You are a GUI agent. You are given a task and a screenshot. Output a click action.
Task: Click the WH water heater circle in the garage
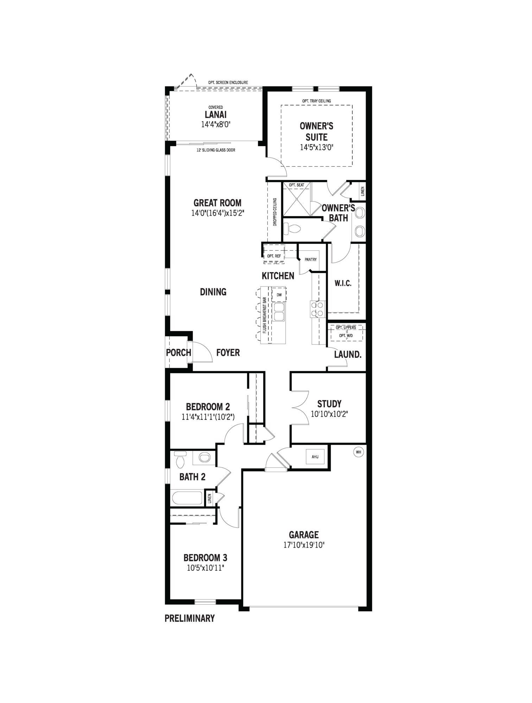point(359,452)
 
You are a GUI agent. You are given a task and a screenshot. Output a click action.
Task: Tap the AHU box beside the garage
point(315,456)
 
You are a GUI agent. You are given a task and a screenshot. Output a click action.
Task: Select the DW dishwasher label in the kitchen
point(279,295)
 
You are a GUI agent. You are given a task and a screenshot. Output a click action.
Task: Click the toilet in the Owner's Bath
point(292,230)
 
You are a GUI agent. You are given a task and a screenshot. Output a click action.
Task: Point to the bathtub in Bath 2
point(187,498)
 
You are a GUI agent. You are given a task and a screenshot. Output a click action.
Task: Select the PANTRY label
point(311,259)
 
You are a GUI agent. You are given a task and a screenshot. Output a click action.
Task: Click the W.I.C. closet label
point(343,283)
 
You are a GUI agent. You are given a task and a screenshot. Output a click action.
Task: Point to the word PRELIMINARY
point(190,618)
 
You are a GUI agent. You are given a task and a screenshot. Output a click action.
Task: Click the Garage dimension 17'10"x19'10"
point(304,545)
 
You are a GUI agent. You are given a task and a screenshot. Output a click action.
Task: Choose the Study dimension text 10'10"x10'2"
point(329,414)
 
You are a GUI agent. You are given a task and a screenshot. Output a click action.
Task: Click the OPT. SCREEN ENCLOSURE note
point(228,83)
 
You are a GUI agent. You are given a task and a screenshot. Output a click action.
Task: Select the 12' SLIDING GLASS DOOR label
point(216,150)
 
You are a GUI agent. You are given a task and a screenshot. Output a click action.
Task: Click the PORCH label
point(178,353)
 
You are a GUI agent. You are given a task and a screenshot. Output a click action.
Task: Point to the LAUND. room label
point(348,355)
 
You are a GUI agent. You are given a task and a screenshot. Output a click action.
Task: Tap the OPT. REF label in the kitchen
point(274,256)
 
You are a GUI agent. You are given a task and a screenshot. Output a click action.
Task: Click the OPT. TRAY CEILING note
point(316,101)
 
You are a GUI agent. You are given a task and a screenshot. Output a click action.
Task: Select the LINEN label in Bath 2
point(210,498)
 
